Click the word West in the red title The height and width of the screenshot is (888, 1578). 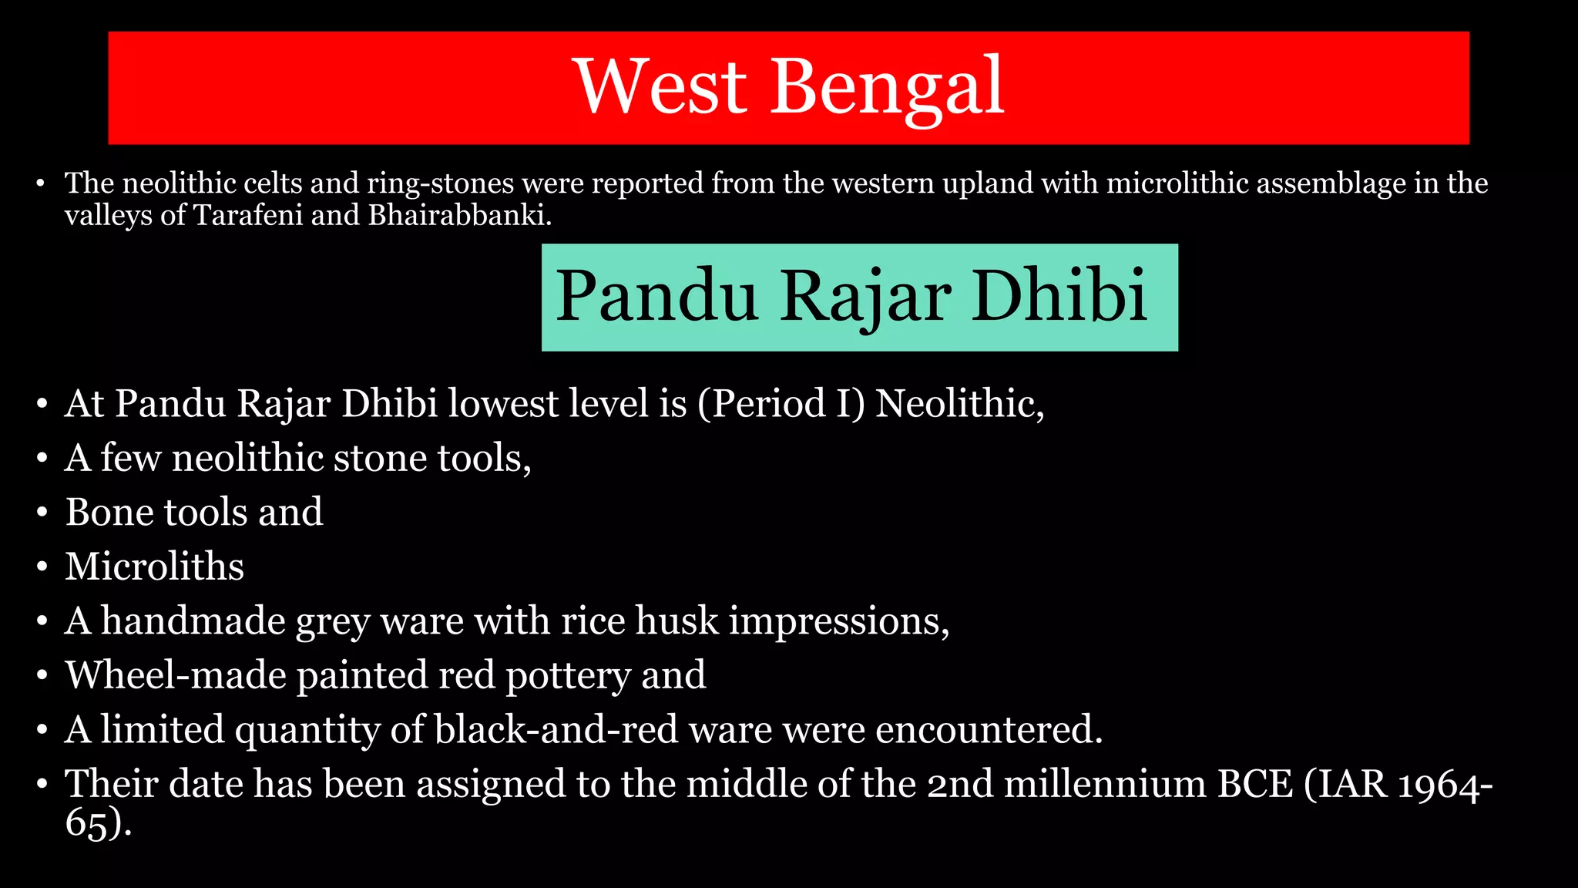pos(661,86)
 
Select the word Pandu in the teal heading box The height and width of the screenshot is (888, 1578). pos(656,296)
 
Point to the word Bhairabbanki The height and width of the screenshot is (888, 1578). pos(459,215)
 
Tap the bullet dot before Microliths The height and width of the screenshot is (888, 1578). pos(42,568)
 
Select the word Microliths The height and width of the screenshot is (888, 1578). pos(154,567)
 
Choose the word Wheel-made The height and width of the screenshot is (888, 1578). pos(176,675)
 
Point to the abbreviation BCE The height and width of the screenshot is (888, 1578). pos(1254,784)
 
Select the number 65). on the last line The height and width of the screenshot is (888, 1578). pos(98,822)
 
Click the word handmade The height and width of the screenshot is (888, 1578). pos(193,621)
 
